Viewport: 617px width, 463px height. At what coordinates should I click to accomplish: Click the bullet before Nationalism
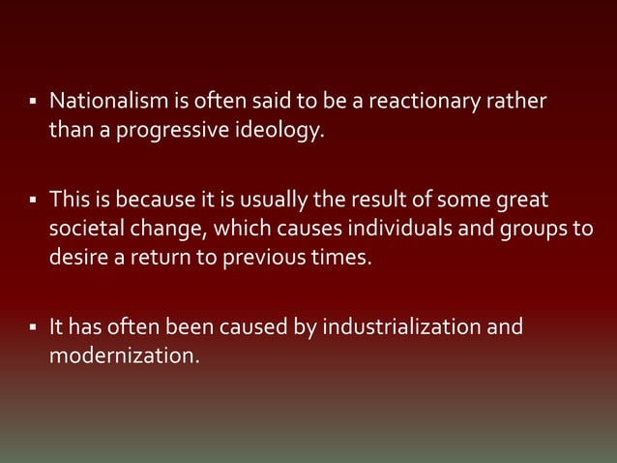pyautogui.click(x=32, y=101)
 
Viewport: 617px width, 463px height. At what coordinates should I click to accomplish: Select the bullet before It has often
pyautogui.click(x=32, y=327)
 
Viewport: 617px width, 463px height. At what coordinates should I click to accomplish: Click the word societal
pyautogui.click(x=84, y=230)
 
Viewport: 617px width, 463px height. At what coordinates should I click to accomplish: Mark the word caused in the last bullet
pyautogui.click(x=225, y=327)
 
